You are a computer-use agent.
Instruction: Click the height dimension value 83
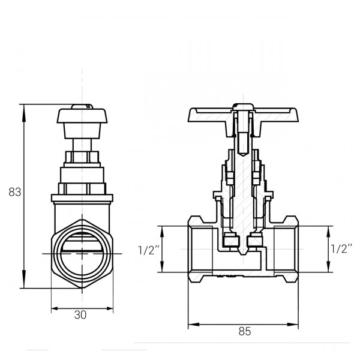tap(15, 193)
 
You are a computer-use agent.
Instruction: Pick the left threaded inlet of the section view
tap(201, 249)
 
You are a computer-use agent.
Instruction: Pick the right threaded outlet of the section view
tap(286, 249)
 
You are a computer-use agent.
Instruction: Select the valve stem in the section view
tap(243, 180)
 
